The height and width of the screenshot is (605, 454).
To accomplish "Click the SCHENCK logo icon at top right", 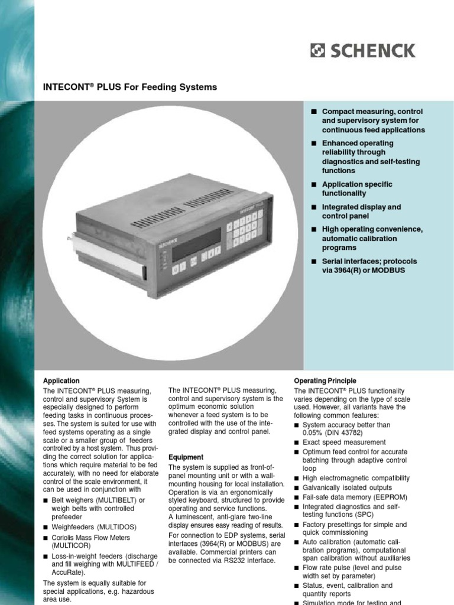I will coord(317,51).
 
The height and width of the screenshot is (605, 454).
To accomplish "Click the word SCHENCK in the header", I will coord(372,51).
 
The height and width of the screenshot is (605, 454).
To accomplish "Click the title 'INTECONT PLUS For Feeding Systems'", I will coord(130,87).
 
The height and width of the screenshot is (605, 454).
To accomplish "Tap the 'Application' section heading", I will coord(61,381).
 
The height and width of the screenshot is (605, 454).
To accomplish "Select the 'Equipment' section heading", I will coord(186,457).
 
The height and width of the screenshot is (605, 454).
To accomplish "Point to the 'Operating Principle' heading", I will coord(325,381).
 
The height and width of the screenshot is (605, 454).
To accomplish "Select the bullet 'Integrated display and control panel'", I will coord(361,212).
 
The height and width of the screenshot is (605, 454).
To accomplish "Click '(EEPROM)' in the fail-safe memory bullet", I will coord(391,497).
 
